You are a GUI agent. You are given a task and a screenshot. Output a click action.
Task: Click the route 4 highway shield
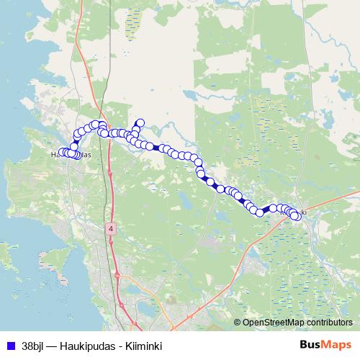111,228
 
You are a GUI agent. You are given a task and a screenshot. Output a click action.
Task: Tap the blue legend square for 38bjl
9,345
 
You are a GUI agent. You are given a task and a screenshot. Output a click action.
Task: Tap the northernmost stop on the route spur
140,123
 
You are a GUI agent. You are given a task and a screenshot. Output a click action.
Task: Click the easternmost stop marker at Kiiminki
295,216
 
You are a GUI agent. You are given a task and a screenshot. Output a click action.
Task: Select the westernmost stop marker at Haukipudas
63,152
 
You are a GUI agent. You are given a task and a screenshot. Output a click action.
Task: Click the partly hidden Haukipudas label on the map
70,154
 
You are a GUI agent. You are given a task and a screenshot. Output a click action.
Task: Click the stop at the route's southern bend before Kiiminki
259,212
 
